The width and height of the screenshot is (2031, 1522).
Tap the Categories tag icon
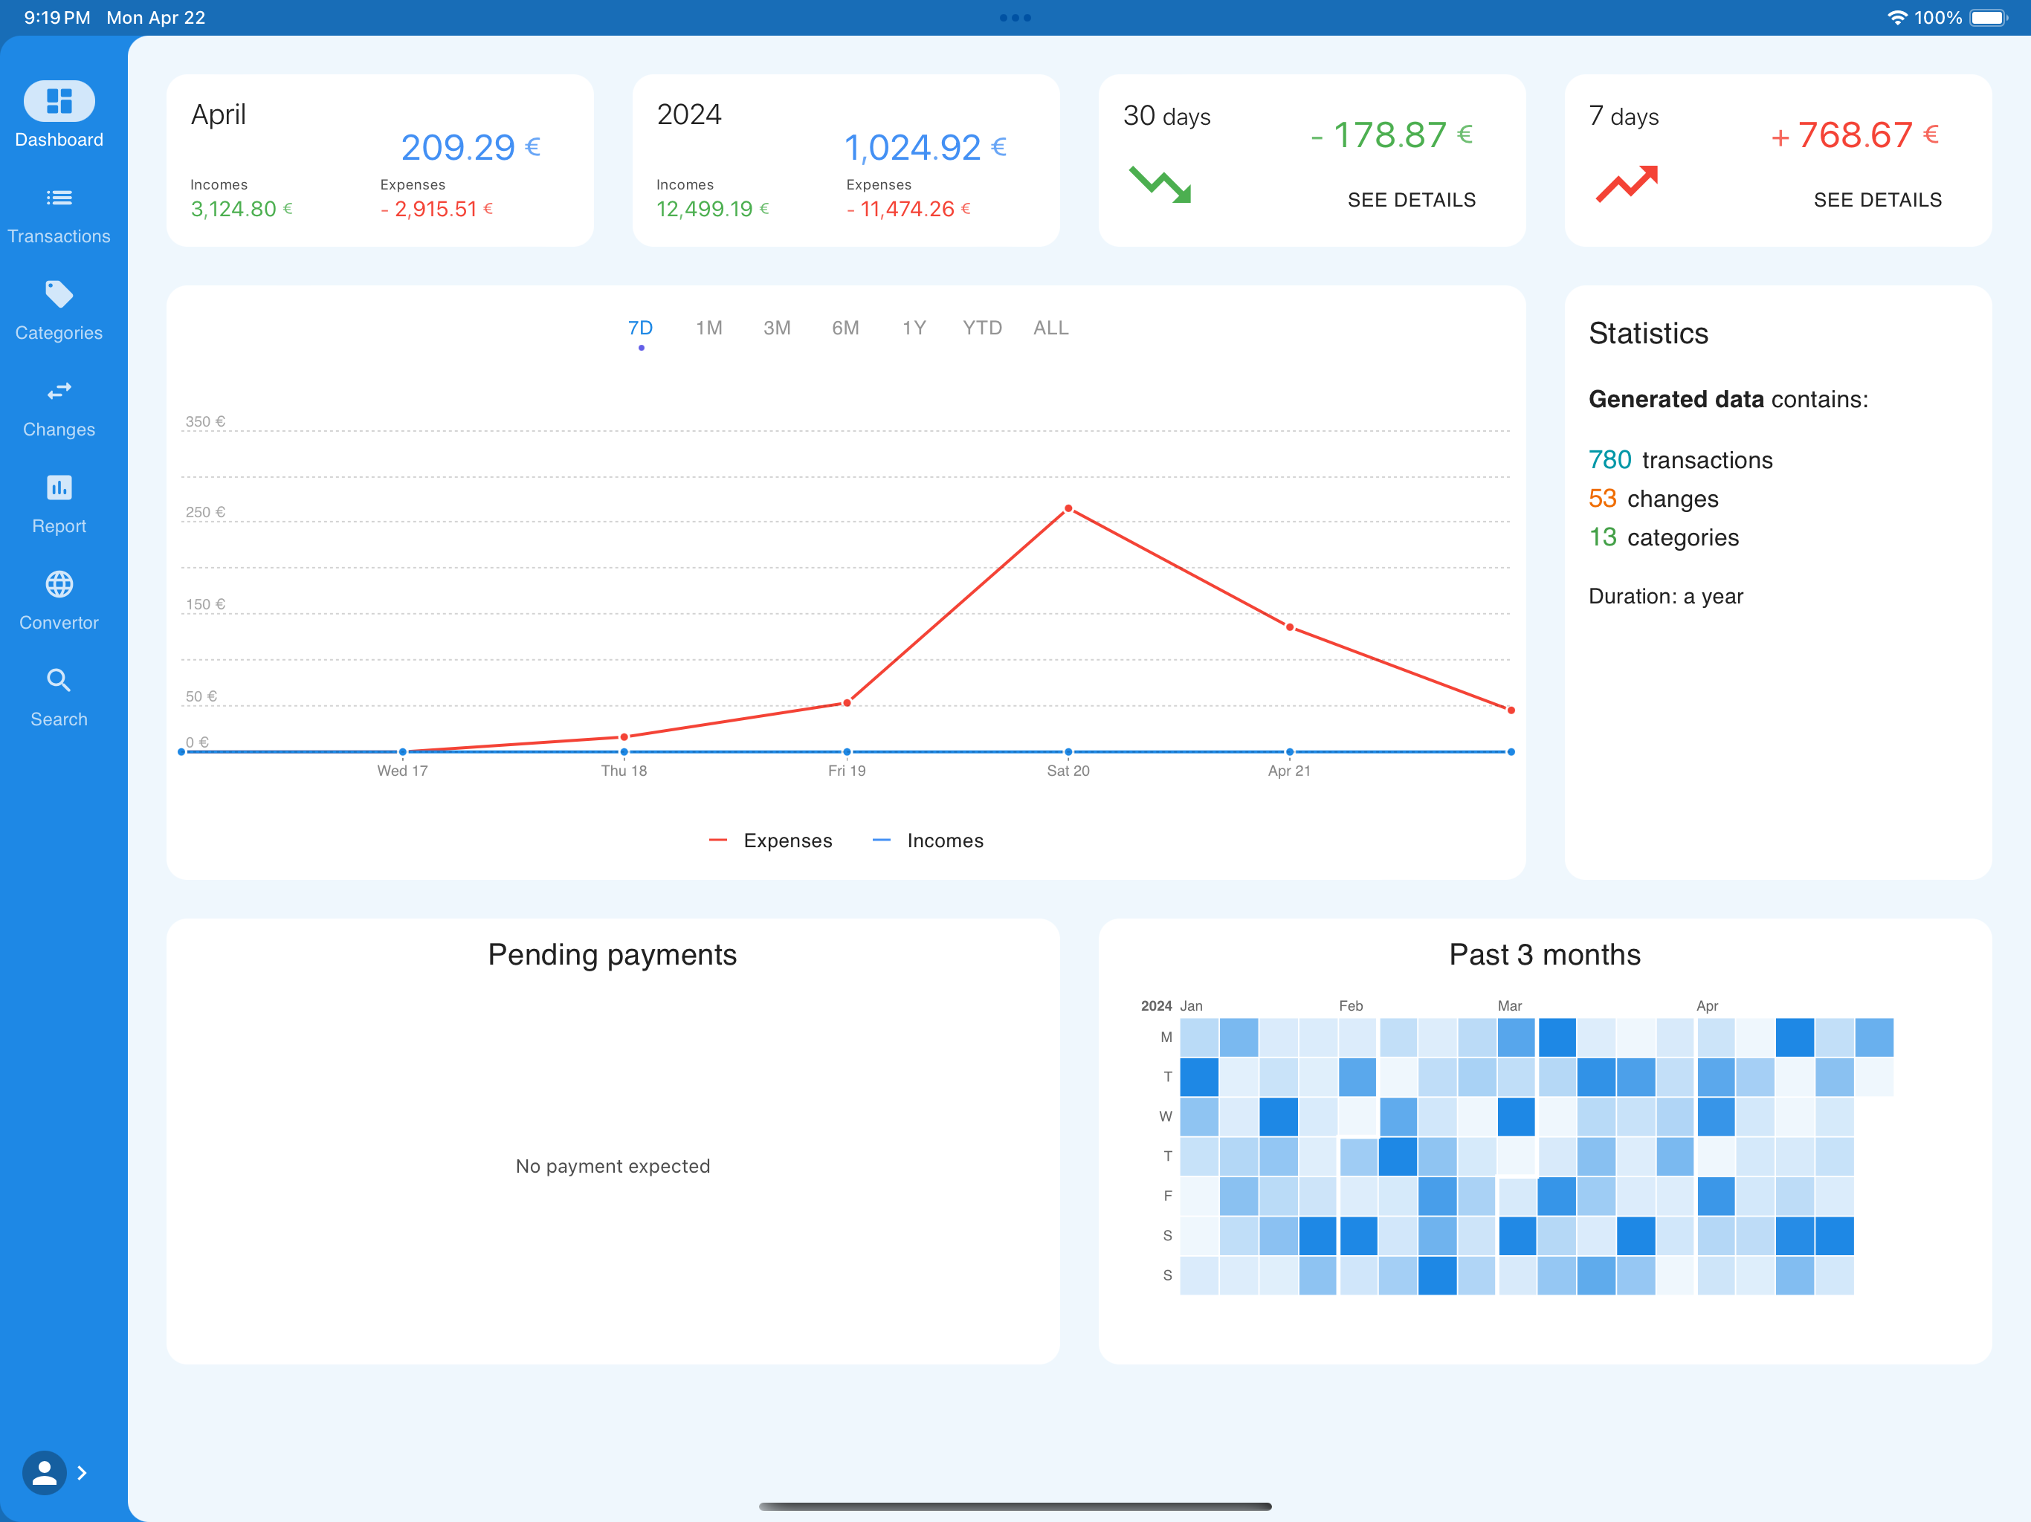pos(59,294)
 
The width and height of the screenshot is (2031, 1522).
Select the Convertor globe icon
pos(59,584)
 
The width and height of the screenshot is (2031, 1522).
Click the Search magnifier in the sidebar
pos(59,680)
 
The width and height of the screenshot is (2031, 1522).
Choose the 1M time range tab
pos(708,328)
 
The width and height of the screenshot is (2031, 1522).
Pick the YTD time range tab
pos(981,328)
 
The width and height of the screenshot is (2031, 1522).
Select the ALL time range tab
pos(1050,328)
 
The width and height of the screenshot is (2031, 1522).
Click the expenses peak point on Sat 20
pos(1068,508)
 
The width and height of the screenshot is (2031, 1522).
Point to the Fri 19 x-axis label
pos(847,770)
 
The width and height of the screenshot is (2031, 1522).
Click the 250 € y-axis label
pos(204,512)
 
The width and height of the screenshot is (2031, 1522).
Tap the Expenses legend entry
pos(770,840)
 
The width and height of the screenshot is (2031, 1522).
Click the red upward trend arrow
pos(1626,184)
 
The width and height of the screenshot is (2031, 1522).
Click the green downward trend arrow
pos(1160,184)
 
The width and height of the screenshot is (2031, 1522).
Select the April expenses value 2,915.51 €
pos(436,210)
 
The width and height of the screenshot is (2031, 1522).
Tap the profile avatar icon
pos(44,1472)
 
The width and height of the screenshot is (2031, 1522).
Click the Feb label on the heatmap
pos(1351,1006)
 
